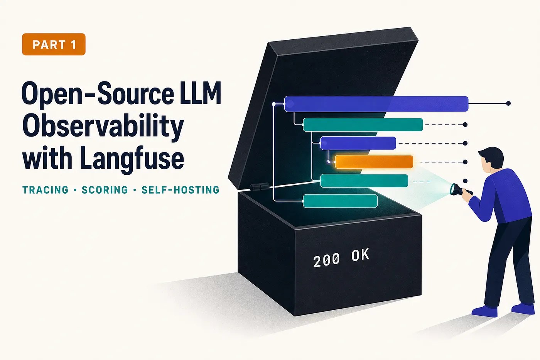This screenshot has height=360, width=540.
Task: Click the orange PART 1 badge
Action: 54,44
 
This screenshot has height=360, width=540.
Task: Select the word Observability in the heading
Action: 103,126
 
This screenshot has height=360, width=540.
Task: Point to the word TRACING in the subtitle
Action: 46,190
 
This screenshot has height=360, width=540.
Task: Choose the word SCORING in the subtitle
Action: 105,190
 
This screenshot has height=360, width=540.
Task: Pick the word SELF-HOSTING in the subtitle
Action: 181,190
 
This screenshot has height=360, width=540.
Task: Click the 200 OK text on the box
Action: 341,258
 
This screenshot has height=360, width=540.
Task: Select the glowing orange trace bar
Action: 374,162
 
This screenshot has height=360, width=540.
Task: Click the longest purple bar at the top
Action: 376,104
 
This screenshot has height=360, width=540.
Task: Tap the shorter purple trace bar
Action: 358,143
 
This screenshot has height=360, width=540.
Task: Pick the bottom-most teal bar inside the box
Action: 340,201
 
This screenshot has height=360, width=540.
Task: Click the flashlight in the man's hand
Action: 460,190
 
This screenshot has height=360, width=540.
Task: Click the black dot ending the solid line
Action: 508,103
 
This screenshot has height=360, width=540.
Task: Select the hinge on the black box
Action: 259,187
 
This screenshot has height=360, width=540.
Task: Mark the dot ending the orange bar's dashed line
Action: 465,162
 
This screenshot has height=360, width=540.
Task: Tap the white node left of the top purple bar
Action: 273,104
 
